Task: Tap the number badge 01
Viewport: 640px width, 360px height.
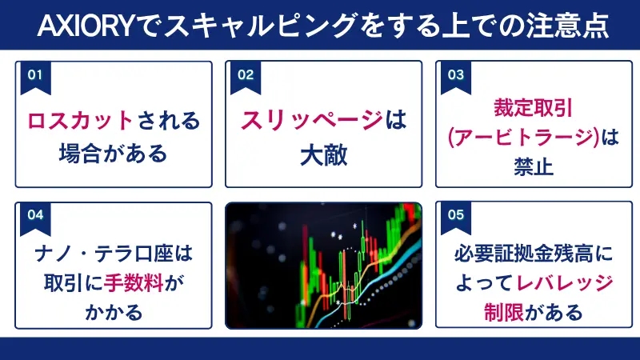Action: click(x=34, y=74)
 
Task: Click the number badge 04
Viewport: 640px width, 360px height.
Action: click(x=34, y=214)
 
